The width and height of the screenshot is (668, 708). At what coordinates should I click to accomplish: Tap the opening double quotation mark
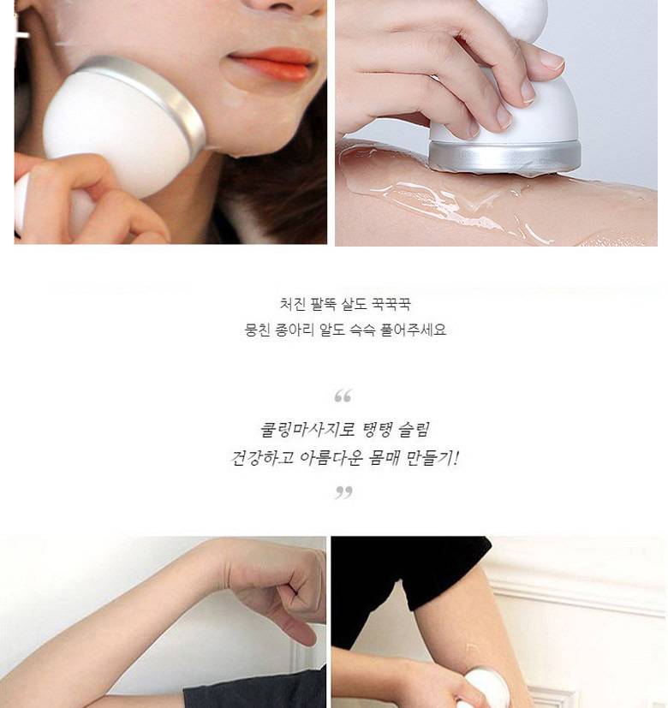pos(343,396)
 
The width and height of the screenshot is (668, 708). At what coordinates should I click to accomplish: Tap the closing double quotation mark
pos(343,491)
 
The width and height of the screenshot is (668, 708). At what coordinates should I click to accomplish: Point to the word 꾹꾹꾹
pos(391,304)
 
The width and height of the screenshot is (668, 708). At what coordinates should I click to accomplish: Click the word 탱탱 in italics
pos(378,430)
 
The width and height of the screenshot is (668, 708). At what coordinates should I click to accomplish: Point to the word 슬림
pos(415,430)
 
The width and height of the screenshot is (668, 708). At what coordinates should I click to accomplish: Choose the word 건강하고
pos(262,458)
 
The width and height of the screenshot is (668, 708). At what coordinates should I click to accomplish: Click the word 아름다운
pos(331,458)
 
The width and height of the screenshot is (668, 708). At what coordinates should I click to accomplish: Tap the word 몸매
pos(385,458)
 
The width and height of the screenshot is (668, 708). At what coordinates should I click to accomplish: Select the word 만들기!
pos(432,458)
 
